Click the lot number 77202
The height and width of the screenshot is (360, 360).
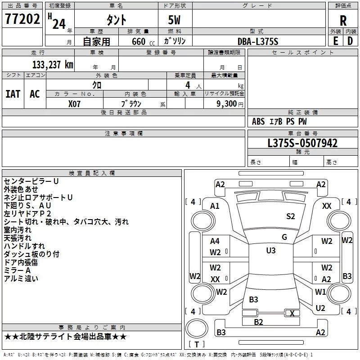click(x=22, y=19)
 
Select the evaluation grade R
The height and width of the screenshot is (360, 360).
click(x=343, y=21)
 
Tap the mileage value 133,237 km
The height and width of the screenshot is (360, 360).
click(x=53, y=64)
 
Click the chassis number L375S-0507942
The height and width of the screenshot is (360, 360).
click(x=302, y=143)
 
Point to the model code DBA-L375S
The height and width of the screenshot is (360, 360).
click(x=257, y=41)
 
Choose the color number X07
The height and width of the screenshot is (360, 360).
click(x=74, y=104)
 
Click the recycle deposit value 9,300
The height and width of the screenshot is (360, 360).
click(x=226, y=103)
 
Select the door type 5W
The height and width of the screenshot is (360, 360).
click(x=174, y=20)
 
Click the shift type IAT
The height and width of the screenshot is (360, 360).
click(x=13, y=94)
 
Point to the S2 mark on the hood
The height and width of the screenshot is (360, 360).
click(x=290, y=216)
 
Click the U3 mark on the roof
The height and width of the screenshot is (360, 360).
click(x=271, y=251)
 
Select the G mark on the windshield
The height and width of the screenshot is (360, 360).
click(x=284, y=237)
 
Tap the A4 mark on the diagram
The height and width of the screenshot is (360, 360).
click(x=215, y=241)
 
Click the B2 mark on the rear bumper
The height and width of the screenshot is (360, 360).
click(x=258, y=322)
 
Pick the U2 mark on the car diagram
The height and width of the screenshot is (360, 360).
click(x=320, y=308)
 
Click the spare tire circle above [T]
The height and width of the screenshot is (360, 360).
click(x=197, y=328)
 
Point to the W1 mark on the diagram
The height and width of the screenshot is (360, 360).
click(x=320, y=292)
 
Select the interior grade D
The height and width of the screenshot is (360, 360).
click(x=350, y=41)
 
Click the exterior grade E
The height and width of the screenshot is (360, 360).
click(x=336, y=41)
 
